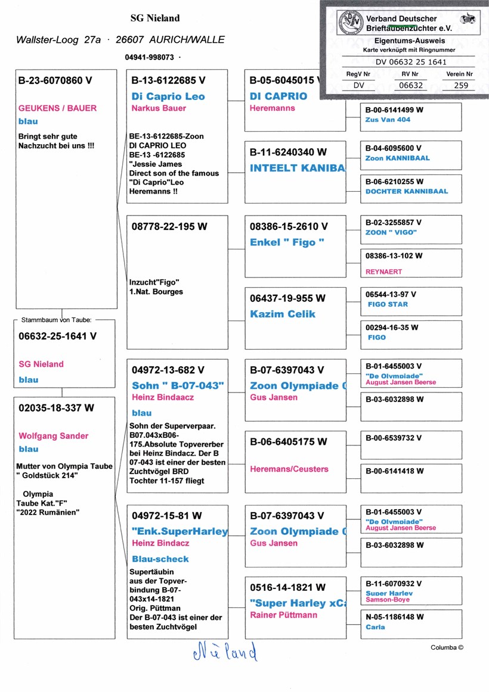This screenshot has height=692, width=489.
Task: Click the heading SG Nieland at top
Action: click(155, 18)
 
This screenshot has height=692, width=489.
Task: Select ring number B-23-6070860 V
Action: click(56, 80)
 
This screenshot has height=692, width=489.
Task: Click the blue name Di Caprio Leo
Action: click(168, 96)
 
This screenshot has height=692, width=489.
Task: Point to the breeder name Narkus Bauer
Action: click(159, 108)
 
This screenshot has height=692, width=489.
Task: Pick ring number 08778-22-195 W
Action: click(168, 226)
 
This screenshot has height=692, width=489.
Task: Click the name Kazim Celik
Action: click(283, 314)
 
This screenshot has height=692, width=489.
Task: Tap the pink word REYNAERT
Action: click(383, 272)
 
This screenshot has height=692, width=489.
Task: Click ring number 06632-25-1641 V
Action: click(57, 336)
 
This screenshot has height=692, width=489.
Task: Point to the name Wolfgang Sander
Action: click(54, 436)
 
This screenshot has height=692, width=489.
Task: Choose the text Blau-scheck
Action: click(160, 559)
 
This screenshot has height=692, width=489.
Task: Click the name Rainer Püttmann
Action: click(284, 615)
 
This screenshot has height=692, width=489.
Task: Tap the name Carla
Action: click(376, 627)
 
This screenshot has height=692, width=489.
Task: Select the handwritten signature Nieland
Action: click(225, 652)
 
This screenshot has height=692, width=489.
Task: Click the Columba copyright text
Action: click(447, 647)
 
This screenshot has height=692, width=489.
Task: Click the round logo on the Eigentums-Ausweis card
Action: click(349, 23)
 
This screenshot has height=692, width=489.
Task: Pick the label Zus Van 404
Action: click(388, 120)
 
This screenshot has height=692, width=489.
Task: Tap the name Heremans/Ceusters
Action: click(289, 469)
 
